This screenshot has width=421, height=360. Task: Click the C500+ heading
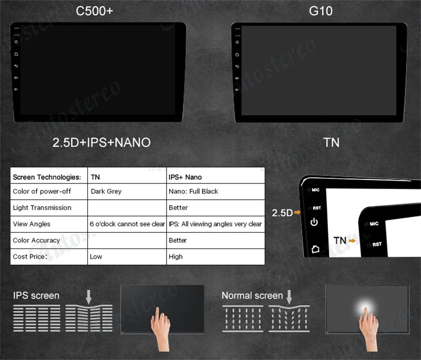pos(94,11)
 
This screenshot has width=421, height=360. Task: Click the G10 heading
pos(320,11)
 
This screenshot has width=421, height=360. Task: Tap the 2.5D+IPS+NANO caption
pos(101,142)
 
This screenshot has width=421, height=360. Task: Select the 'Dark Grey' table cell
pos(106,191)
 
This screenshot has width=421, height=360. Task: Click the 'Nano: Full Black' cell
pos(193,191)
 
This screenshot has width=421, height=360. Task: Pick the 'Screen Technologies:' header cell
pos(46,177)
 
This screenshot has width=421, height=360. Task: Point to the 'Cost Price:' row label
pos(29,256)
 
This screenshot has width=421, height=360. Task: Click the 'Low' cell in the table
pos(96,256)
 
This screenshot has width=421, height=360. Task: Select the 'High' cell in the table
pos(176,256)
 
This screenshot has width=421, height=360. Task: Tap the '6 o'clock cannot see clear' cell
pos(127,224)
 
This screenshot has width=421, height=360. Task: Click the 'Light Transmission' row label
pos(42,208)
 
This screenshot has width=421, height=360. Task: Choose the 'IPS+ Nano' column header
pos(185,177)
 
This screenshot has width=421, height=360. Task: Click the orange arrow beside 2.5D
pos(297,213)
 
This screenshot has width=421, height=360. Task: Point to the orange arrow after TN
pos(352,240)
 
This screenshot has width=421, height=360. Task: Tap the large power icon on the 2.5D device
pos(314,222)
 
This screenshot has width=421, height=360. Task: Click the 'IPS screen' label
pos(36,296)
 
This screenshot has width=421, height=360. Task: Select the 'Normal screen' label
pos(252,296)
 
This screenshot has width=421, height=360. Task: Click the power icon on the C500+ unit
pos(16,42)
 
